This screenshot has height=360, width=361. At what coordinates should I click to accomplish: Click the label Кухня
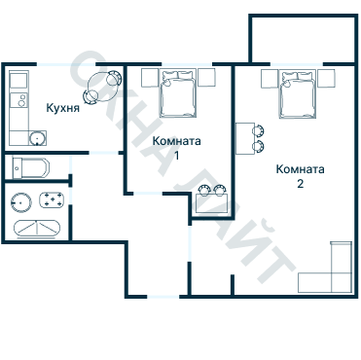[x=63, y=108]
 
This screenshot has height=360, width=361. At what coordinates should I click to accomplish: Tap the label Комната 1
[x=177, y=148]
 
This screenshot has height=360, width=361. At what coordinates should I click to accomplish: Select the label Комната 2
[x=300, y=176]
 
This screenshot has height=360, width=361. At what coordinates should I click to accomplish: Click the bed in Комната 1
[x=178, y=92]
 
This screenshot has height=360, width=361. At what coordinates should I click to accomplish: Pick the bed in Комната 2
[x=298, y=94]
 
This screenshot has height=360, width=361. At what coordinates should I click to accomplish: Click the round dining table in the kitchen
[x=101, y=87]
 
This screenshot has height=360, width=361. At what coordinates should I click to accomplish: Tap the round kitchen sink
[x=37, y=138]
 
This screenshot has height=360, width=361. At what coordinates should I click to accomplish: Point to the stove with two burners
[x=19, y=100]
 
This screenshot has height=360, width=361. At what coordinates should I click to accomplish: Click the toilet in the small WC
[x=31, y=167]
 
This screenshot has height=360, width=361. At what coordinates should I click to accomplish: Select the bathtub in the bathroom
[x=37, y=229]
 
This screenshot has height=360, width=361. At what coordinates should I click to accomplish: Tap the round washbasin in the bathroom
[x=21, y=202]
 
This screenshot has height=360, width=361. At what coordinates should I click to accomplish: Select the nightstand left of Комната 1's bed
[x=150, y=78]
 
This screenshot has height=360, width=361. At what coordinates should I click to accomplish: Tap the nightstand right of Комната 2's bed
[x=326, y=79]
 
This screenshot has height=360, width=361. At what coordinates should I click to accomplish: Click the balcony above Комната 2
[x=304, y=38]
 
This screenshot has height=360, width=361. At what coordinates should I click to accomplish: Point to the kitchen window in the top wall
[x=66, y=64]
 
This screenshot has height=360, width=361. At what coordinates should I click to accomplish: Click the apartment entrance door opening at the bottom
[x=163, y=297]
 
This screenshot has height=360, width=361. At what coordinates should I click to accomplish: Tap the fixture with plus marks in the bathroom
[x=52, y=199]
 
